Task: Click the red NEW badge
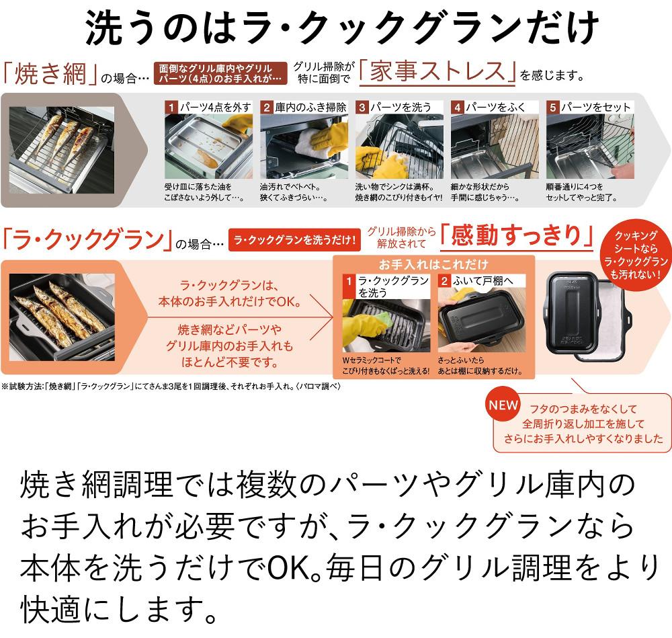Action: point(503,405)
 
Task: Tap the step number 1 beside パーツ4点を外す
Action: point(171,107)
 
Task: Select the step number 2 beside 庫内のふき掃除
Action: point(267,107)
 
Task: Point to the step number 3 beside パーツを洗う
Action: point(362,107)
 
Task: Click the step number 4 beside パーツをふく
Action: point(457,107)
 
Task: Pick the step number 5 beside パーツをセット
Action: point(553,107)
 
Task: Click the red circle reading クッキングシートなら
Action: point(636,255)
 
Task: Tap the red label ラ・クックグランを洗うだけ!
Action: point(294,240)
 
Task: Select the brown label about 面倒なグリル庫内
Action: point(220,73)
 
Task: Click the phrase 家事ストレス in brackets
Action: point(437,71)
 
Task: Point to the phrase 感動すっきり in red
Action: point(516,235)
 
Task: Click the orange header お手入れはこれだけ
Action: point(433,264)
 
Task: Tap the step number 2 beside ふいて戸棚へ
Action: point(444,281)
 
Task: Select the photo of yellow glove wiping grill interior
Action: point(304,146)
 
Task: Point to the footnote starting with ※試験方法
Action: point(171,387)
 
